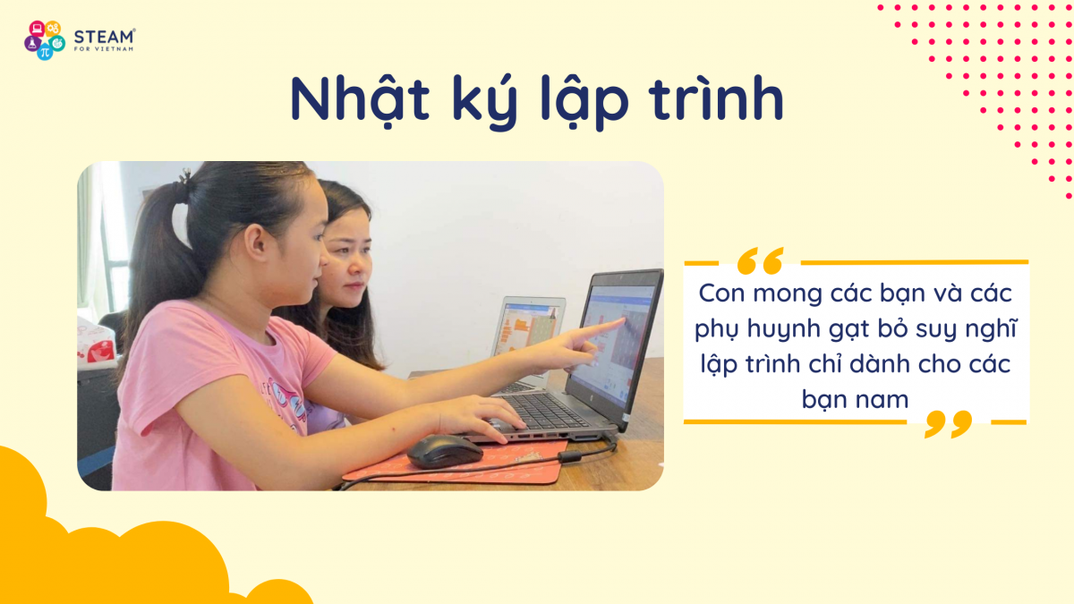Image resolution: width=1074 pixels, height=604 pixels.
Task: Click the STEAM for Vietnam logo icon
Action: (x=45, y=40)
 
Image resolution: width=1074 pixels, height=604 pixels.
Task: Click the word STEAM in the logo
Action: (x=104, y=37)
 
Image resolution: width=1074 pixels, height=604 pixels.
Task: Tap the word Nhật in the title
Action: (x=360, y=99)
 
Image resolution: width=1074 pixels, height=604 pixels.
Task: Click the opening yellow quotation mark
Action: (x=761, y=260)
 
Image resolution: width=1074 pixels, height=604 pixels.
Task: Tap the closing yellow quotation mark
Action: (x=948, y=424)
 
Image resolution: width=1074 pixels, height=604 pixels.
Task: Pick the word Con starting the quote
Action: (x=722, y=293)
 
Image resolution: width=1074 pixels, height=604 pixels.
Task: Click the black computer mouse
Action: (x=445, y=451)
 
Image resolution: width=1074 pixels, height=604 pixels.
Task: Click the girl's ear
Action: (x=258, y=243)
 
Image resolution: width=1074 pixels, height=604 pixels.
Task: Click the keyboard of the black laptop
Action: (x=542, y=411)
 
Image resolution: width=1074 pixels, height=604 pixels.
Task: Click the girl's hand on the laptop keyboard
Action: (x=480, y=416)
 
